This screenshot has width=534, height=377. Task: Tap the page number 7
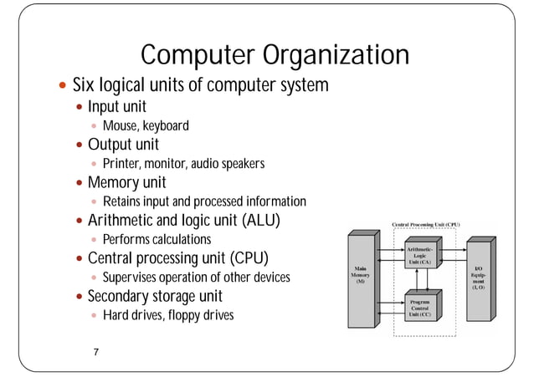[x=96, y=352]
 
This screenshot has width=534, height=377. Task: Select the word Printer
[x=120, y=164]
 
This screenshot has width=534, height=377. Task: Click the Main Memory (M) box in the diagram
[x=360, y=275]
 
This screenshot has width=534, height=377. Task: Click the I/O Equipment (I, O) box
[x=480, y=275]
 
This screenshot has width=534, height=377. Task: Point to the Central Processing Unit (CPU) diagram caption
[x=427, y=224]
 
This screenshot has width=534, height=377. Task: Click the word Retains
[x=122, y=201]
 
